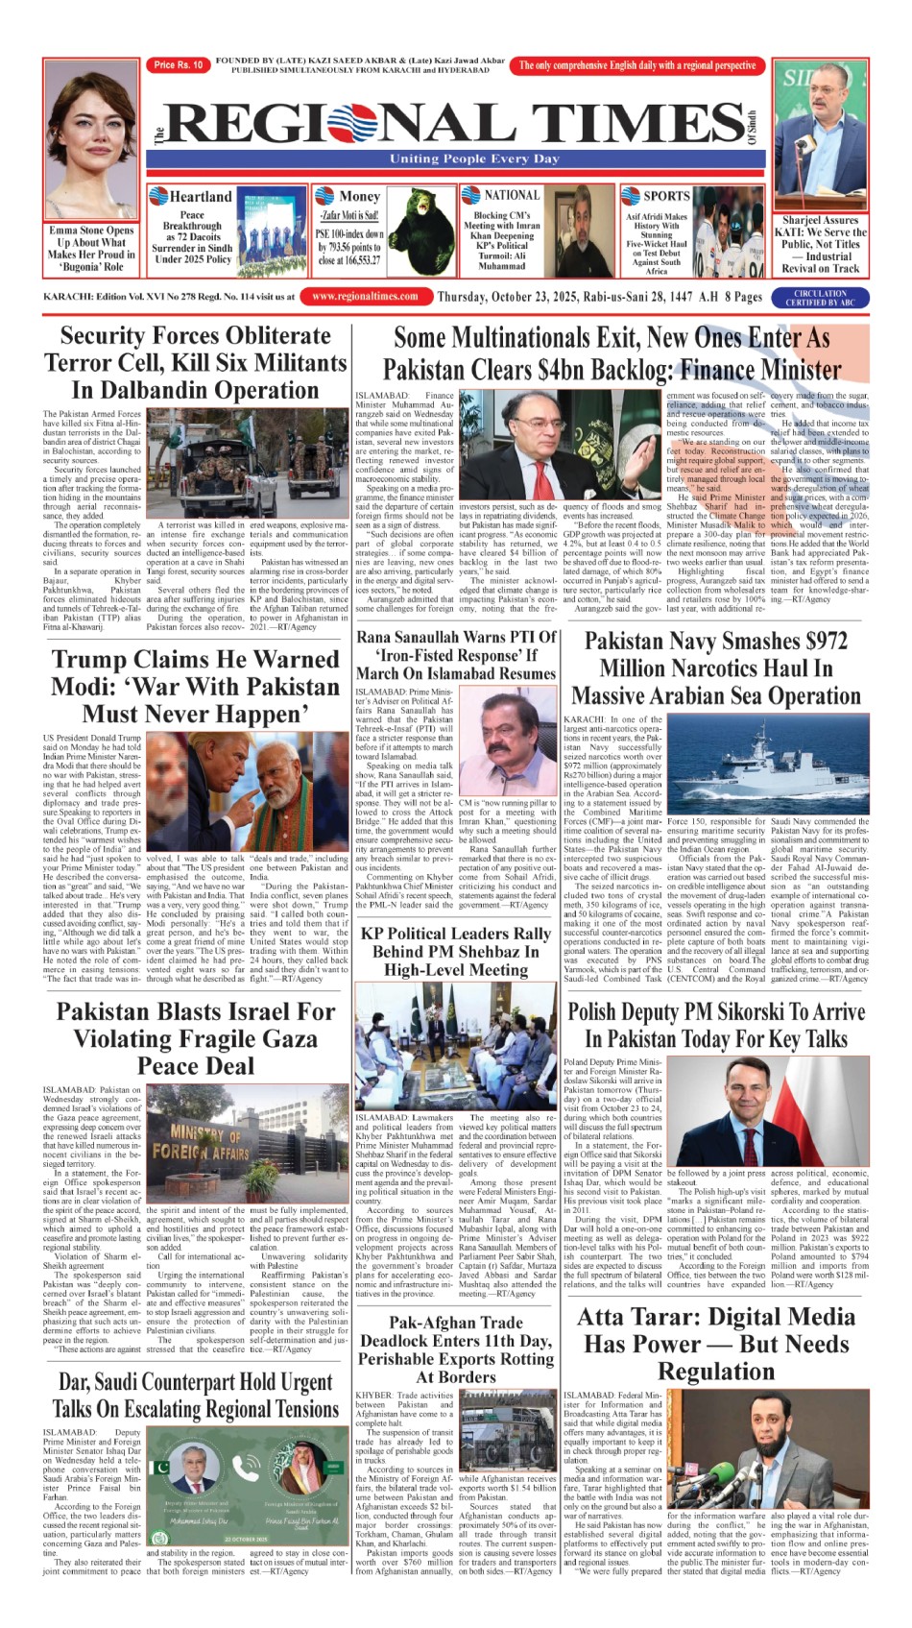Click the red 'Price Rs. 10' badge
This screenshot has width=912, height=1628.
click(179, 65)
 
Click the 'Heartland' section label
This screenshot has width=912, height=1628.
click(201, 197)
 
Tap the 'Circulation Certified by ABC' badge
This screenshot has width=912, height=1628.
click(821, 298)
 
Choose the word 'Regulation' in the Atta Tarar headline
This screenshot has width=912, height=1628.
click(716, 1371)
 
